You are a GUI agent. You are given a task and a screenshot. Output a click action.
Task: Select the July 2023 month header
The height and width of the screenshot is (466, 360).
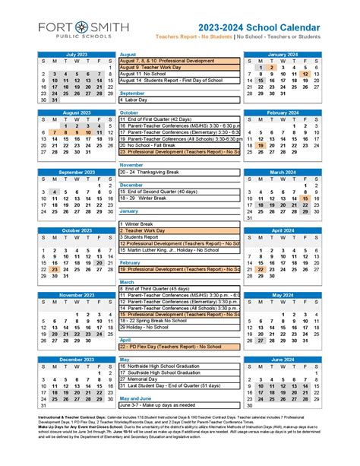pyautogui.click(x=77, y=55)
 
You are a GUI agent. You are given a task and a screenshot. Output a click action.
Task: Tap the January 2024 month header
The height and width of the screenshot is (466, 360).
pyautogui.click(x=283, y=55)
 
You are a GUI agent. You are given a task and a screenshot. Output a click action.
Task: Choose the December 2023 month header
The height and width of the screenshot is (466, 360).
pyautogui.click(x=77, y=360)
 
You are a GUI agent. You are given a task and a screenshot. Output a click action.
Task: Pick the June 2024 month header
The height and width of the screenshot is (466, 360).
pyautogui.click(x=283, y=360)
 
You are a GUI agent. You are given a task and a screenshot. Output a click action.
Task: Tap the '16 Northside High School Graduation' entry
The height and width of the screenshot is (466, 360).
pyautogui.click(x=167, y=366)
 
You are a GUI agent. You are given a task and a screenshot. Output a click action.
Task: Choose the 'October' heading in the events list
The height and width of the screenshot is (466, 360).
pyautogui.click(x=129, y=112)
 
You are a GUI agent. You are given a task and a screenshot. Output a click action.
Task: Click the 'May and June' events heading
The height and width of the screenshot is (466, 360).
pyautogui.click(x=136, y=398)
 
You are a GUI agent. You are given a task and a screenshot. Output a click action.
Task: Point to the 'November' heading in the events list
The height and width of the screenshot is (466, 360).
pyautogui.click(x=132, y=165)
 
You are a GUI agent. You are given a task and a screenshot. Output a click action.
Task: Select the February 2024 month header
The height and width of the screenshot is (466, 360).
pyautogui.click(x=283, y=113)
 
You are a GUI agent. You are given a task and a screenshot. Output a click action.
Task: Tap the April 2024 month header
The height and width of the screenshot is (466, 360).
pyautogui.click(x=283, y=230)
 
